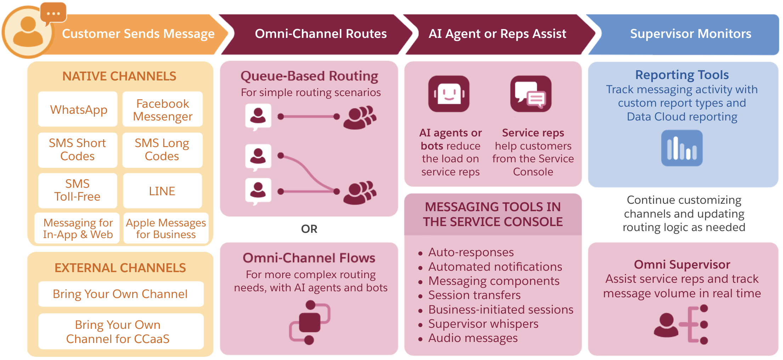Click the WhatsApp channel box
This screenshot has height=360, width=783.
click(x=78, y=109)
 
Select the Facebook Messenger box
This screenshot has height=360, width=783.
click(x=163, y=109)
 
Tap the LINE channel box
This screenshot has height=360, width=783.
click(x=162, y=191)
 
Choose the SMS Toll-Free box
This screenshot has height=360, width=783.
click(x=77, y=190)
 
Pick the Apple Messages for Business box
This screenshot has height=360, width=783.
click(x=166, y=229)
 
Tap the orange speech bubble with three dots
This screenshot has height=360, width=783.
click(x=53, y=13)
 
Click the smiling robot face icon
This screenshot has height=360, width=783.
click(x=449, y=94)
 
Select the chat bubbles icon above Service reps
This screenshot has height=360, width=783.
click(x=531, y=94)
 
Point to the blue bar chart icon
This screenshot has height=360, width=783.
click(x=682, y=148)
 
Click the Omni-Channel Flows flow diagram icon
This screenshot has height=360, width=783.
click(x=309, y=322)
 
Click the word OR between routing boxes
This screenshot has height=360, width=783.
click(x=309, y=229)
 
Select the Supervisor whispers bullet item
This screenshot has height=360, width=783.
click(x=483, y=324)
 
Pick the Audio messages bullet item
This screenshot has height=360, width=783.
click(x=473, y=338)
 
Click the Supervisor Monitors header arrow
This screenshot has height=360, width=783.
click(x=690, y=34)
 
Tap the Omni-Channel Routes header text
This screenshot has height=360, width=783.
click(x=321, y=34)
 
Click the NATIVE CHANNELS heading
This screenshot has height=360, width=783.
click(x=119, y=76)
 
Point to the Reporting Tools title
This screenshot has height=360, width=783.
click(x=682, y=75)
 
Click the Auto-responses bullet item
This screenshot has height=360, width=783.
click(x=471, y=252)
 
